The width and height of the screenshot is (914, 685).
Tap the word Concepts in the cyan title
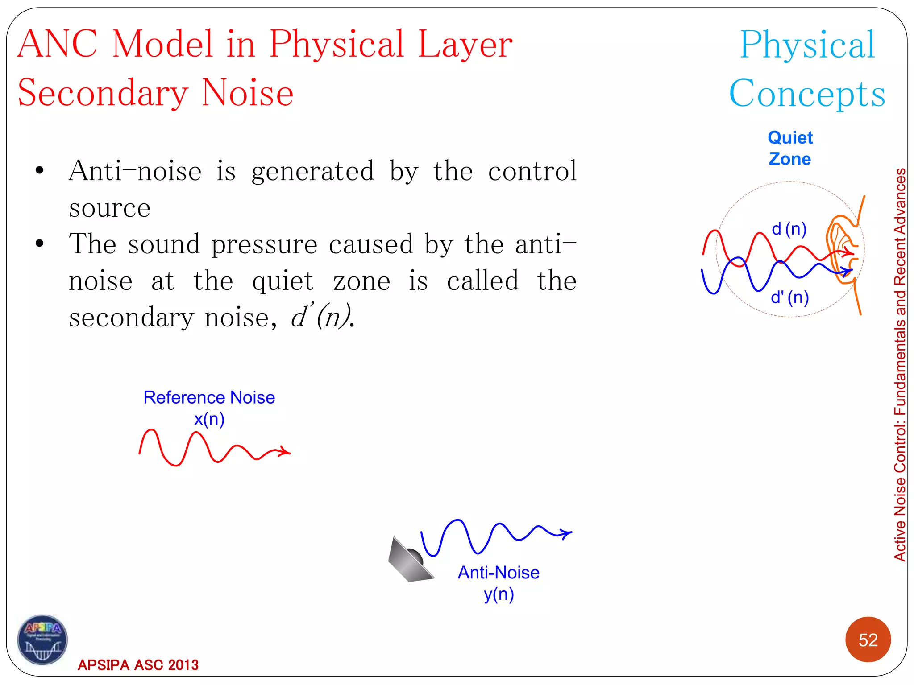pos(807,94)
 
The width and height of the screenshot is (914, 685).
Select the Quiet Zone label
pos(790,148)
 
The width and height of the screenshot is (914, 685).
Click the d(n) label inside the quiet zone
pos(789,229)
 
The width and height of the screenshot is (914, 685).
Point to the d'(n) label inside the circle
pos(789,297)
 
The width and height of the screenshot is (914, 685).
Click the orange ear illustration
pos(841,250)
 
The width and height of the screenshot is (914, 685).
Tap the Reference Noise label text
pos(209,397)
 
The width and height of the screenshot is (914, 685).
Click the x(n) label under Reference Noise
pos(209,419)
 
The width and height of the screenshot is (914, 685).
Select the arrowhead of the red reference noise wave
pos(285,452)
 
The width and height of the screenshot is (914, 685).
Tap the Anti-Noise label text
pos(499,573)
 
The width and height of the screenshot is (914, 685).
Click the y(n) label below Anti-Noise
pos(499,594)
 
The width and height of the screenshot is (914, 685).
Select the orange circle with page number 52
pos(868,640)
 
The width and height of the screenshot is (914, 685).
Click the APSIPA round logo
pos(42,640)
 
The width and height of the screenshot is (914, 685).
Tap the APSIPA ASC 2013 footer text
pos(138,665)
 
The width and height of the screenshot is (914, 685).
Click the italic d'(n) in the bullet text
pos(320,318)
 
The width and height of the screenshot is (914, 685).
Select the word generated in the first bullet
pos(312,172)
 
